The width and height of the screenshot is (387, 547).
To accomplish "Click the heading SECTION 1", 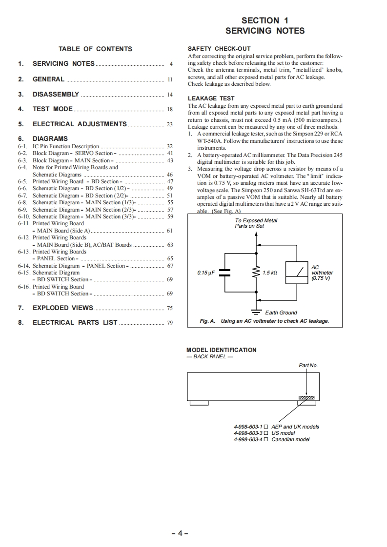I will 265,20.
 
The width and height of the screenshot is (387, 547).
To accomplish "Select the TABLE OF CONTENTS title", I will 95,49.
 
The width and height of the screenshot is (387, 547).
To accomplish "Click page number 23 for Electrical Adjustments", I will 169,124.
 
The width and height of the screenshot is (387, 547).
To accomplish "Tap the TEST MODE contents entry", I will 52,109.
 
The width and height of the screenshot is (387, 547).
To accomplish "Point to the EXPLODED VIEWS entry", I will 62,308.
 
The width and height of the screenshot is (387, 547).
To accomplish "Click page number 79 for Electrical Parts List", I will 169,323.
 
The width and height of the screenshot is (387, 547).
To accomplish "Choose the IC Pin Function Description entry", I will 65,146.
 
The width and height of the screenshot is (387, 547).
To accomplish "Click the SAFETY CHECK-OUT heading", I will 219,49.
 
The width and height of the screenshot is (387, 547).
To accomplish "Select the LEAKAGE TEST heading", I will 211,98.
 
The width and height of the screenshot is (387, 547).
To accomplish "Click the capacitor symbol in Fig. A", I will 224,273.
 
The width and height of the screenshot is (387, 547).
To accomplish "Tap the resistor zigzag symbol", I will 255,273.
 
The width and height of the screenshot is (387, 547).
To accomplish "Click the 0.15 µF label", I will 206,273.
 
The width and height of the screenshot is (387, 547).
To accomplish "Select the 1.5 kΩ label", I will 269,273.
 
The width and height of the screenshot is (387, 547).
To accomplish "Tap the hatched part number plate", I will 306,398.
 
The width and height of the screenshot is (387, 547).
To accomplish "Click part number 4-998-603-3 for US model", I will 248,433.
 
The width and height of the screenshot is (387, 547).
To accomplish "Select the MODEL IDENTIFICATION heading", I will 221,350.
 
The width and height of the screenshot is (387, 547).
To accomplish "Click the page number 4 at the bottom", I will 180,533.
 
